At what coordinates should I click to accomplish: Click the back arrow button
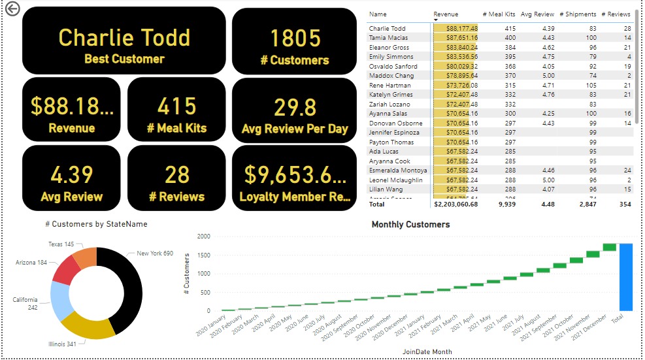click(x=12, y=9)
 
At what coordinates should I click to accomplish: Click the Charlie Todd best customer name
click(x=124, y=37)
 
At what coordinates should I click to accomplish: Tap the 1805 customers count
click(x=295, y=39)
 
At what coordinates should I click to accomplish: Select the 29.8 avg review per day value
click(x=295, y=106)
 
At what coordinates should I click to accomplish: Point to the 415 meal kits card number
click(x=176, y=106)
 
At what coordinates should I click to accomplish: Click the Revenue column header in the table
click(x=446, y=14)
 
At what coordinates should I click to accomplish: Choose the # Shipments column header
click(x=578, y=14)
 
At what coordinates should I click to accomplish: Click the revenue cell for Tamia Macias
click(x=456, y=38)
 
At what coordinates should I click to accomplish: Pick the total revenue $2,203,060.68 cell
click(x=456, y=204)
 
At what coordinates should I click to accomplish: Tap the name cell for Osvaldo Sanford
click(x=393, y=67)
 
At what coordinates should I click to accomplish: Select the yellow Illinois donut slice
click(x=91, y=327)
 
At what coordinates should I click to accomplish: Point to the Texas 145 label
click(x=61, y=244)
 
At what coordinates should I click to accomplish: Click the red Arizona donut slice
click(x=67, y=269)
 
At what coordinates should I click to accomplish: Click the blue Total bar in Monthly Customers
click(x=626, y=277)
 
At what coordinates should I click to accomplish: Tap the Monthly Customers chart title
click(x=410, y=225)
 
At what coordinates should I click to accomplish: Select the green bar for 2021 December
click(x=609, y=247)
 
